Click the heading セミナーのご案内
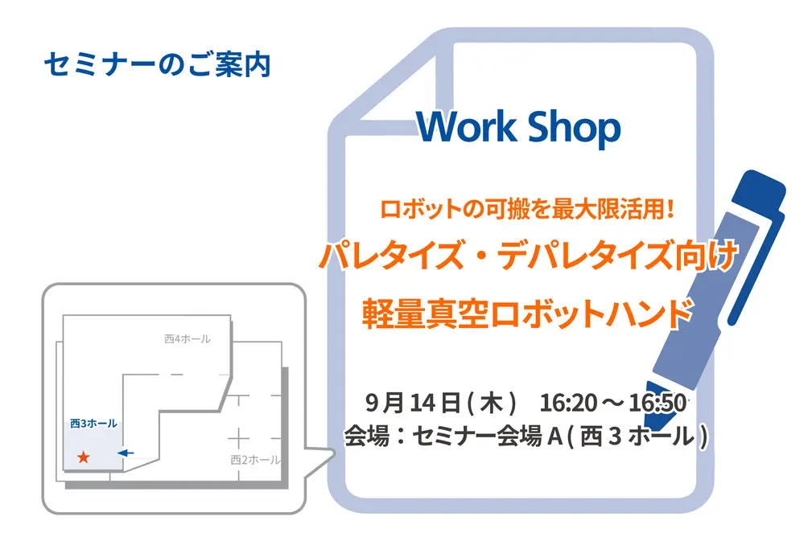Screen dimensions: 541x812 click(158, 65)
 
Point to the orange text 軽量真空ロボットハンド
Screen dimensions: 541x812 click(528, 310)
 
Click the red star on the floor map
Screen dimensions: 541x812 click(83, 457)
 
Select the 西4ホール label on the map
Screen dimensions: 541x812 click(187, 339)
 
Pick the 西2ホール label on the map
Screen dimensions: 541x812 click(254, 460)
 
